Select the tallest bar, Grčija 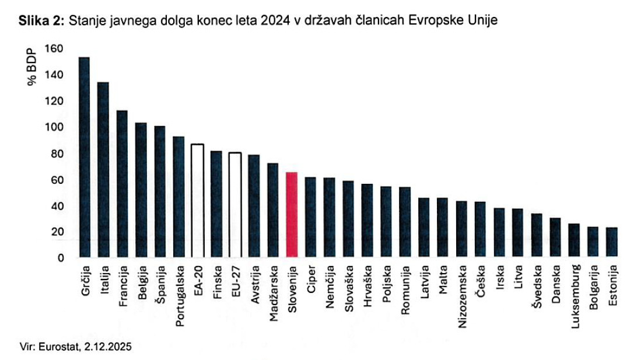point(84,157)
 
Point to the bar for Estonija point(612,242)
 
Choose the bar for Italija point(103,169)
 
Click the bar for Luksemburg point(574,240)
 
